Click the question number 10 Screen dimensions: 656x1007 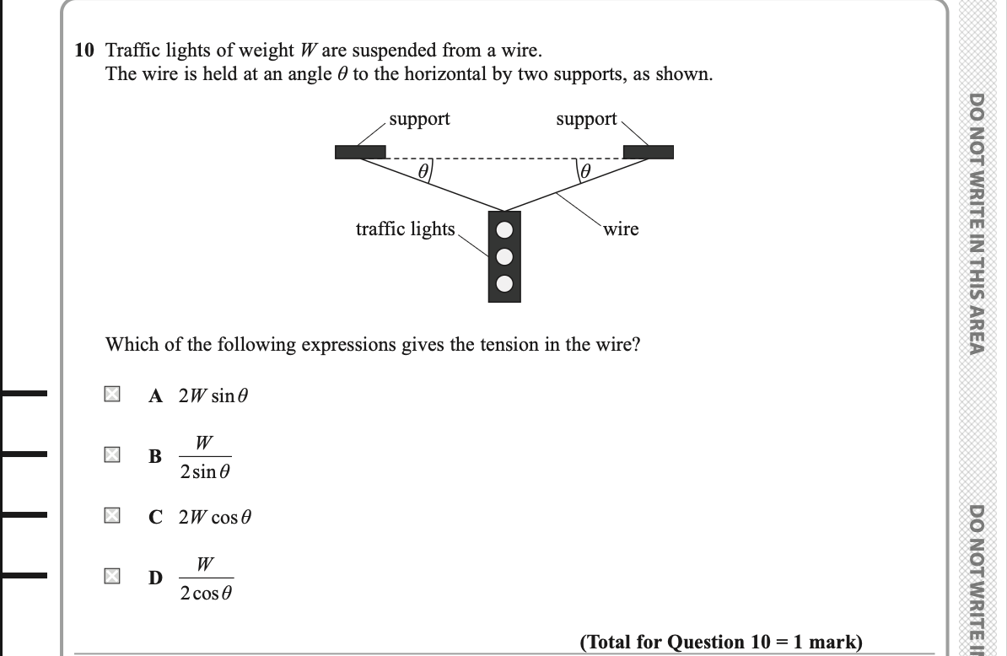[83, 51]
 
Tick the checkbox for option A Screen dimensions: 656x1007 [111, 394]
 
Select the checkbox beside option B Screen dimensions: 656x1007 [111, 455]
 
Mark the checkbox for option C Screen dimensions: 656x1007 [111, 515]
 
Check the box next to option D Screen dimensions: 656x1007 [111, 577]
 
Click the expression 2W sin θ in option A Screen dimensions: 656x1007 [214, 395]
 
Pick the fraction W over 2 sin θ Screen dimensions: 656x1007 [204, 457]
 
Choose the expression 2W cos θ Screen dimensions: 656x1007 [215, 516]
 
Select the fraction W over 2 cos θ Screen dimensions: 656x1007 [205, 578]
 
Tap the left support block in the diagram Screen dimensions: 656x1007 [360, 152]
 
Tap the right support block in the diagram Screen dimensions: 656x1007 [649, 152]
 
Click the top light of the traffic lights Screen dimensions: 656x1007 [503, 230]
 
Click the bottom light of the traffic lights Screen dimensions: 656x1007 [503, 283]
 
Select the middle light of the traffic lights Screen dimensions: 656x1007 [503, 256]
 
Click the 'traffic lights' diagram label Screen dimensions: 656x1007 [405, 229]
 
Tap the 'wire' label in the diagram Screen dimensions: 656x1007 [622, 229]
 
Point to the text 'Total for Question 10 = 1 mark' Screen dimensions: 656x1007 [721, 643]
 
